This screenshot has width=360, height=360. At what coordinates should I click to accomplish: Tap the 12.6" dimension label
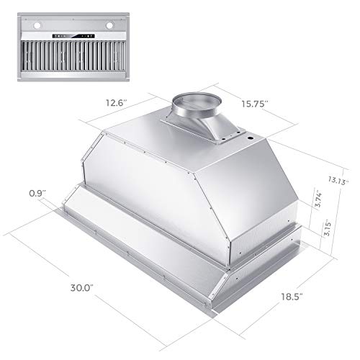(116, 102)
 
